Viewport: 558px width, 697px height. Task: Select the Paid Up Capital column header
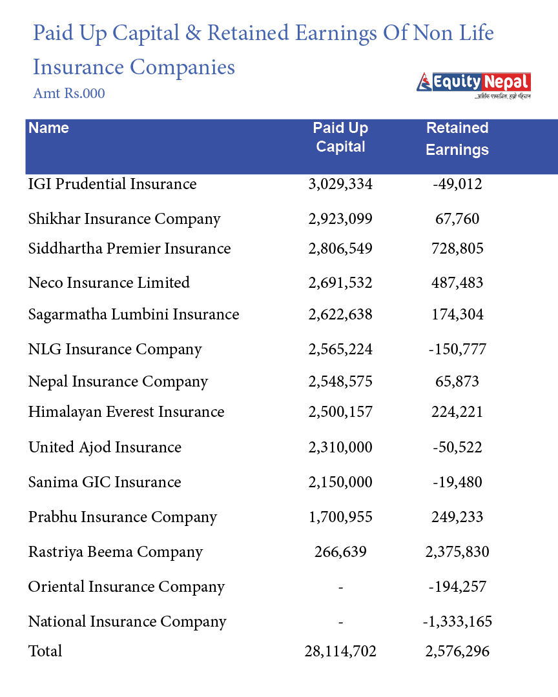tap(340, 137)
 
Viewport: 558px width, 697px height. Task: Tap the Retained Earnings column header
tap(457, 138)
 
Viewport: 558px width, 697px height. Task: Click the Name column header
tap(48, 128)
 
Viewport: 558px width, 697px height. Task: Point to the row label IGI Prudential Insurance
tap(112, 184)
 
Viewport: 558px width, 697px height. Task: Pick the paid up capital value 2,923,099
tap(340, 219)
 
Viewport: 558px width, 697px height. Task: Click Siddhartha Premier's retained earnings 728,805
tap(457, 248)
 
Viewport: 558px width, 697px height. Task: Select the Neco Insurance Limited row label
tap(109, 283)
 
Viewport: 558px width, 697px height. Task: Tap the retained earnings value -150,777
tap(457, 349)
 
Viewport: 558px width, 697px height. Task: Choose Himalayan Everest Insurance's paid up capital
tap(340, 412)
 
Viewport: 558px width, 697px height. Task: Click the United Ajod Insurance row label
tap(105, 447)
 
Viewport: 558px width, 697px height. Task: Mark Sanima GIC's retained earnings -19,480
tap(457, 482)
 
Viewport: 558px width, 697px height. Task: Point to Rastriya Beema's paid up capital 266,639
tap(340, 552)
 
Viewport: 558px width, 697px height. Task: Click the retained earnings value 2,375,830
tap(457, 552)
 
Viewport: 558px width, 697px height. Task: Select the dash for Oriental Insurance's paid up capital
tap(340, 587)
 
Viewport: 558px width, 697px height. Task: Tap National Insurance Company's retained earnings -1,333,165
tap(457, 621)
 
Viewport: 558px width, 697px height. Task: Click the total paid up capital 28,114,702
tap(340, 651)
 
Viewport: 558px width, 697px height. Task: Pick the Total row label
tap(45, 651)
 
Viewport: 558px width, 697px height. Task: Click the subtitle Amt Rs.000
tap(69, 94)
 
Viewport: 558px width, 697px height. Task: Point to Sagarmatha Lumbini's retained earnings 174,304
tap(457, 314)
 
